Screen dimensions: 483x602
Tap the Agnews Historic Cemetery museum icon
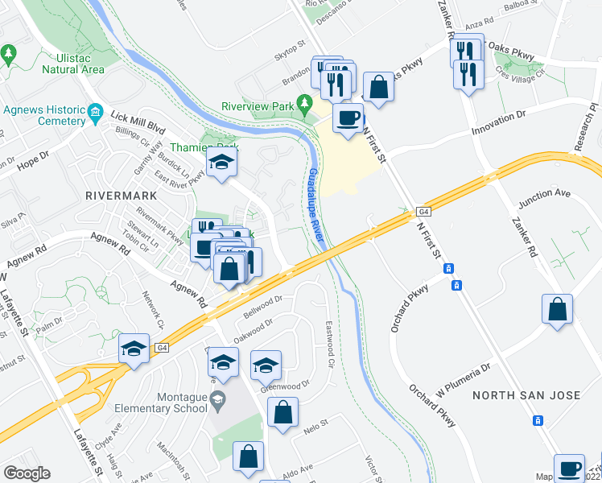pos(96,110)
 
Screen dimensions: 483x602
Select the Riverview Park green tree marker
pos(304,103)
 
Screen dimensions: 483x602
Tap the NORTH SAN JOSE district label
pos(526,394)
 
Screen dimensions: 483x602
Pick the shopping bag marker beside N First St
pos(378,86)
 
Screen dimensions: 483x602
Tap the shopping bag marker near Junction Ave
pos(558,309)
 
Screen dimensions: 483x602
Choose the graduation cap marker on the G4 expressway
pos(134,349)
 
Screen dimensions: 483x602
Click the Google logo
pos(27,473)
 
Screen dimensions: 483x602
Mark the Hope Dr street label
pos(33,159)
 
